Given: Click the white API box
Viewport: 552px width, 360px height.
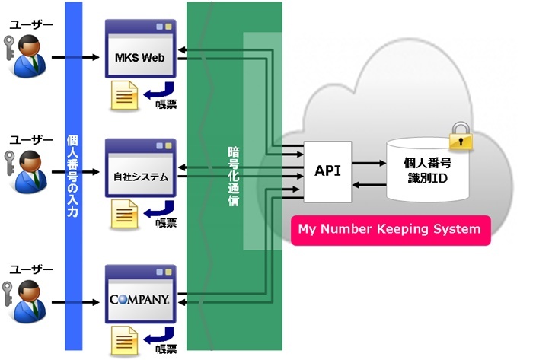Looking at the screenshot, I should click(328, 172).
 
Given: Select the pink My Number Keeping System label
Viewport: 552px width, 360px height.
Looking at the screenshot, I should click(389, 229).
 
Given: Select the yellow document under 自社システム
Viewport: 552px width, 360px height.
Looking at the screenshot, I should click(124, 215).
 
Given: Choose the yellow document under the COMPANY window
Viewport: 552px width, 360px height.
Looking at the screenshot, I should click(124, 340).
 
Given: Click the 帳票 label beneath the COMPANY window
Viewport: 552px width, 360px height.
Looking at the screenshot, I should click(167, 350).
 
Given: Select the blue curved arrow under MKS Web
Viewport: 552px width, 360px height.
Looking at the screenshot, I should click(161, 89).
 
